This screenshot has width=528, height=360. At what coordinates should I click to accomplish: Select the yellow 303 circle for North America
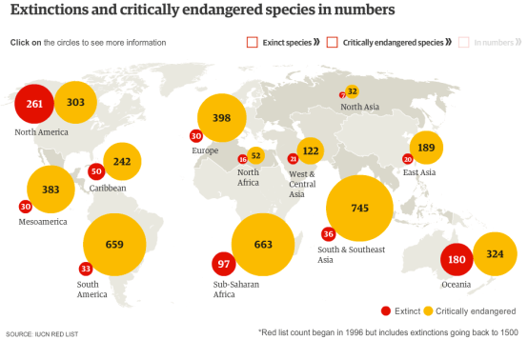(76, 103)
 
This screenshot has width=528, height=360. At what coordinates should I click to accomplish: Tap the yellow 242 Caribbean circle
(122, 162)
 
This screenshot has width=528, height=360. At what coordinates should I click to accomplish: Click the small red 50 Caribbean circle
(95, 171)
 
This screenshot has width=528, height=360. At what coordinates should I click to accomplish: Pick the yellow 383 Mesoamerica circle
(51, 190)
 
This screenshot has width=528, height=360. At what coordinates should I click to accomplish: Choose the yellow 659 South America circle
(114, 245)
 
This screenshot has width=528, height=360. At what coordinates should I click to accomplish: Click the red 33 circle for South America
(86, 269)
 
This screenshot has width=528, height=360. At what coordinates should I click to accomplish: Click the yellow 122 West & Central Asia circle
(311, 150)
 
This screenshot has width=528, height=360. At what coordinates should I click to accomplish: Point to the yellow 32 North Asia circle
(352, 91)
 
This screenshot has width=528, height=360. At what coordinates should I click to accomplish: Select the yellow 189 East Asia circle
(426, 148)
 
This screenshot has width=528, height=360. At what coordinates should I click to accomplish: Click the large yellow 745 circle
(359, 209)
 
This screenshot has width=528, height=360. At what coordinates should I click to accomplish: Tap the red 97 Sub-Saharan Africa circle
(225, 263)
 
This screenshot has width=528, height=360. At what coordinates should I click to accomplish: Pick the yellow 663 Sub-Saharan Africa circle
(264, 245)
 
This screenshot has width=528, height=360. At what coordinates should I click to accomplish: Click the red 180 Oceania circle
(457, 260)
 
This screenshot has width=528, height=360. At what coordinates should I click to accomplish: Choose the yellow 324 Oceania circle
(495, 254)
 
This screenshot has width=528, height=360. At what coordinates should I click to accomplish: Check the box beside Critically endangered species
(333, 42)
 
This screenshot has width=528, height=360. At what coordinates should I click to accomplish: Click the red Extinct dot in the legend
(385, 310)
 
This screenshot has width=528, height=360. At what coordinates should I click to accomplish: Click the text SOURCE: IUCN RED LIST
(42, 335)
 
